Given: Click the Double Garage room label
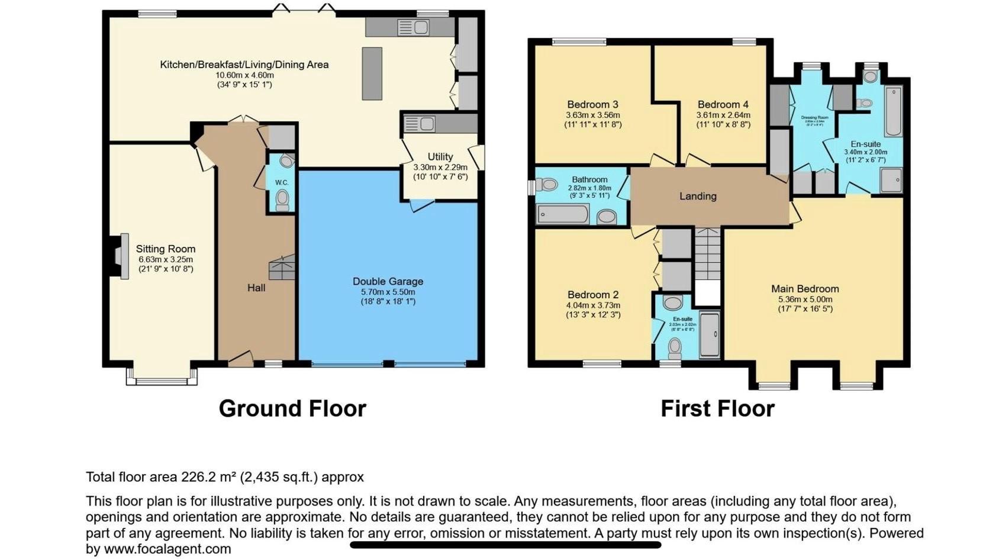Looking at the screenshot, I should pyautogui.click(x=388, y=282).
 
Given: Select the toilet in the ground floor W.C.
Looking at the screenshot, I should pyautogui.click(x=282, y=200).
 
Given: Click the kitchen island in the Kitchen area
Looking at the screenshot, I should pyautogui.click(x=372, y=73).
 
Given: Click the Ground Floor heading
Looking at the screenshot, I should pyautogui.click(x=292, y=409).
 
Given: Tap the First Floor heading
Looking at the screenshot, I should pyautogui.click(x=717, y=409).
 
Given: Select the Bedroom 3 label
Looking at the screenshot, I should pyautogui.click(x=592, y=105).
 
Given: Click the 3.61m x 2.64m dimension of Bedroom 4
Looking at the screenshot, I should pyautogui.click(x=723, y=115).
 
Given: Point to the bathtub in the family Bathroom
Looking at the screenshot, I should pyautogui.click(x=563, y=214).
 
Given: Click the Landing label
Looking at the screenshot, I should pyautogui.click(x=698, y=197).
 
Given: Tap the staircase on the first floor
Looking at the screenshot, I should pyautogui.click(x=707, y=254).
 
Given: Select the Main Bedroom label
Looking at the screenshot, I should pyautogui.click(x=805, y=289).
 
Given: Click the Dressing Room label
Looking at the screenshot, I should pyautogui.click(x=814, y=118).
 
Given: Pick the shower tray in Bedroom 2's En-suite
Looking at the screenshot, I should pyautogui.click(x=709, y=334).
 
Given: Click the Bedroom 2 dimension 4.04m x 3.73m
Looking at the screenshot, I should pyautogui.click(x=593, y=305).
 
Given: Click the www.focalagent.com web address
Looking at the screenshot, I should pyautogui.click(x=167, y=549).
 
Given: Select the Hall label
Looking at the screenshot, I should pyautogui.click(x=256, y=288).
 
